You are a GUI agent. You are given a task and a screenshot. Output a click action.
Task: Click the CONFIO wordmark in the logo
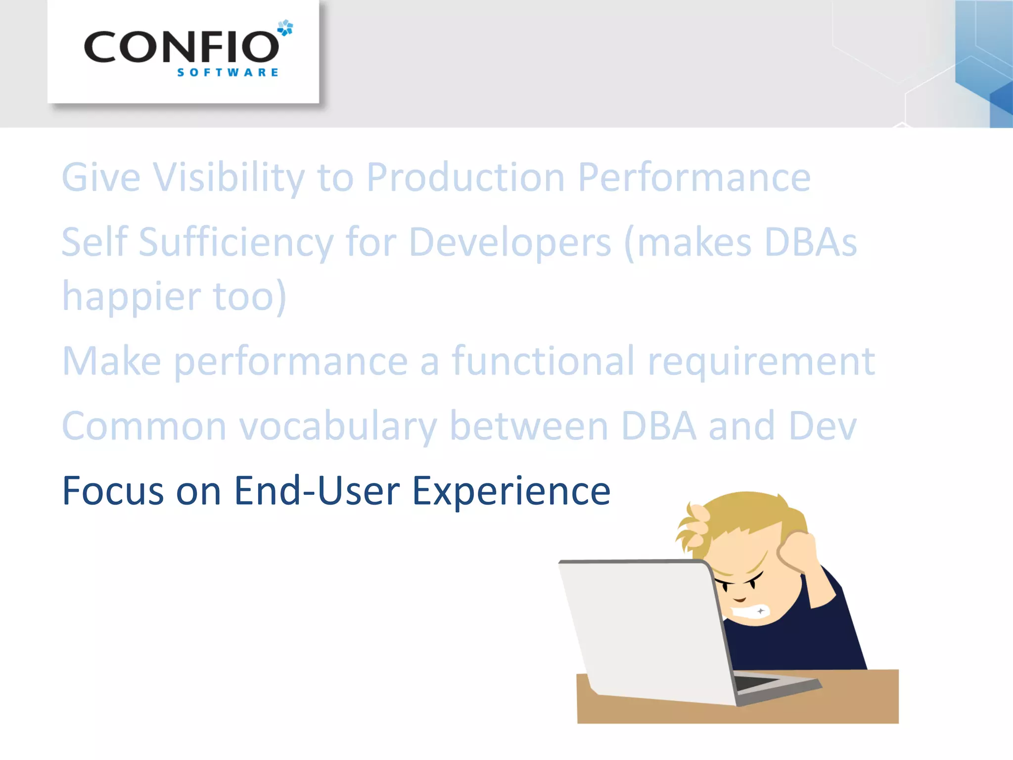click(181, 47)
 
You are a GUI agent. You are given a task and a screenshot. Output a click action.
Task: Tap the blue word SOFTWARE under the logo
click(228, 73)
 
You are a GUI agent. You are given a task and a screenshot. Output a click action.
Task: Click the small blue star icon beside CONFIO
click(285, 28)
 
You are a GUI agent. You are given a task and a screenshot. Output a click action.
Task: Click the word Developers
click(510, 242)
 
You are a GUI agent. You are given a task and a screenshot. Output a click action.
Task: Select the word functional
click(543, 361)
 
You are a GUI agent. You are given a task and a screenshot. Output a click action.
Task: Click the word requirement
click(761, 362)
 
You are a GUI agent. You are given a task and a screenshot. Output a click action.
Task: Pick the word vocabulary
click(338, 427)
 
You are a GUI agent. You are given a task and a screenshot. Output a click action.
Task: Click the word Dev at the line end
click(823, 426)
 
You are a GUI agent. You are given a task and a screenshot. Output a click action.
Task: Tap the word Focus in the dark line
click(113, 491)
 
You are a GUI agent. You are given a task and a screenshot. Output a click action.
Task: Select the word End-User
click(317, 491)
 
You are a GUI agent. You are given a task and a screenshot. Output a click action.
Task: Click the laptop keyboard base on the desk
click(772, 685)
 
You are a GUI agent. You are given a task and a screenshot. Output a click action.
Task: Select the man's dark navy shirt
click(801, 638)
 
